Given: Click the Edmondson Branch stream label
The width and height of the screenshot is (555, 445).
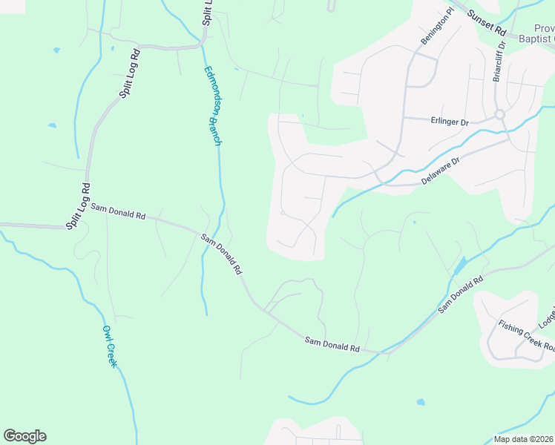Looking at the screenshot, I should click(213, 106).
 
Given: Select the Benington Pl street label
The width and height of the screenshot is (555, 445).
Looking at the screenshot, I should click(437, 27).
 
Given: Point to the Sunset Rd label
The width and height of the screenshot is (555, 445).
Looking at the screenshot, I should click(486, 23).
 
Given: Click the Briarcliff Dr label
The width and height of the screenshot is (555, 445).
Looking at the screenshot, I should click(499, 66).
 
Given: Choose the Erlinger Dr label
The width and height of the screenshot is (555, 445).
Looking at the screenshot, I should click(449, 120).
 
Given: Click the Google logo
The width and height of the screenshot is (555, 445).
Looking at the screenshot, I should click(24, 436).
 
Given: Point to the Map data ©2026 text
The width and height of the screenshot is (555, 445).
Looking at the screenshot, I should click(523, 439).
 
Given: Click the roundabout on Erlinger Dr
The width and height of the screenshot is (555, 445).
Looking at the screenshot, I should click(499, 114).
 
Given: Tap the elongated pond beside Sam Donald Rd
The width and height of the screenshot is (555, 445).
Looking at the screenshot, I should click(459, 265).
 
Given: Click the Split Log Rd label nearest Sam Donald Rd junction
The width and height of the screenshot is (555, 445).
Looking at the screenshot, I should click(78, 205).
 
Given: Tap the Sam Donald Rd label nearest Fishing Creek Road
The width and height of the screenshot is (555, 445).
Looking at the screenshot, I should click(460, 293).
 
